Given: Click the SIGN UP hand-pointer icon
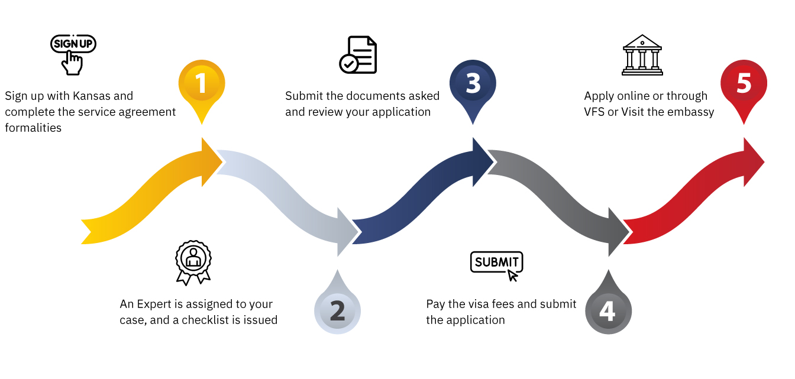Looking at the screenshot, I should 73,54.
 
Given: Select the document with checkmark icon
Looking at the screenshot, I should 358,55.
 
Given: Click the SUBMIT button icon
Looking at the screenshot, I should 497,265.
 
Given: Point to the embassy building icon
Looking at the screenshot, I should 642,55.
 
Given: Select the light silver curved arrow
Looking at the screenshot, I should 284,195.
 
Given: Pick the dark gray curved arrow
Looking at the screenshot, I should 556,195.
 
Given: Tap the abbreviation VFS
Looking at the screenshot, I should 594,112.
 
